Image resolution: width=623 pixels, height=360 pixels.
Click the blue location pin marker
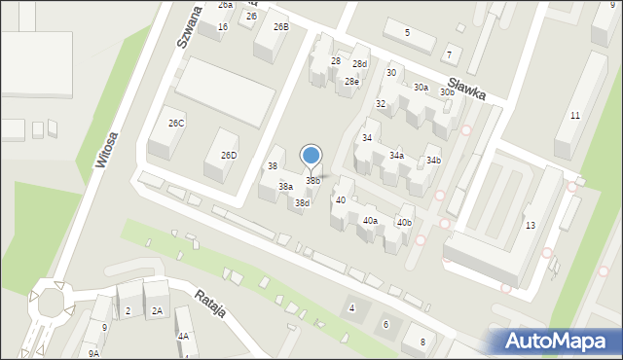click(311, 156)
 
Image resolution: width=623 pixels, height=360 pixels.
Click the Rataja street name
click(210, 304)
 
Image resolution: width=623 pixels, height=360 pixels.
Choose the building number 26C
click(176, 124)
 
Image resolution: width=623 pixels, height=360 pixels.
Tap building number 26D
click(229, 156)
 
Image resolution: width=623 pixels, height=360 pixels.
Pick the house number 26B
click(280, 26)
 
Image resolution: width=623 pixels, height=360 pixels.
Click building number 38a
click(285, 186)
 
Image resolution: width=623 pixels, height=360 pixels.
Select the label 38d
click(302, 202)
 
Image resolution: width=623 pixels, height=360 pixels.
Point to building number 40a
click(370, 221)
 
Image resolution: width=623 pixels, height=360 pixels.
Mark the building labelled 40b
click(403, 223)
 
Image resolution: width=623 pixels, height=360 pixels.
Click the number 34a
click(396, 156)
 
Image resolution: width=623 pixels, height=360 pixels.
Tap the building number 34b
click(433, 161)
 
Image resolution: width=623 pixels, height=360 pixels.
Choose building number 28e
click(351, 82)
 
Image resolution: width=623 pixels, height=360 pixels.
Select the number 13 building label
click(530, 226)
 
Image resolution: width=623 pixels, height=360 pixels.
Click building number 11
click(575, 116)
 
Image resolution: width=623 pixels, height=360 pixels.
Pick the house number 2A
click(157, 311)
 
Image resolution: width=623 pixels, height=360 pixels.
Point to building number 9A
click(93, 354)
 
